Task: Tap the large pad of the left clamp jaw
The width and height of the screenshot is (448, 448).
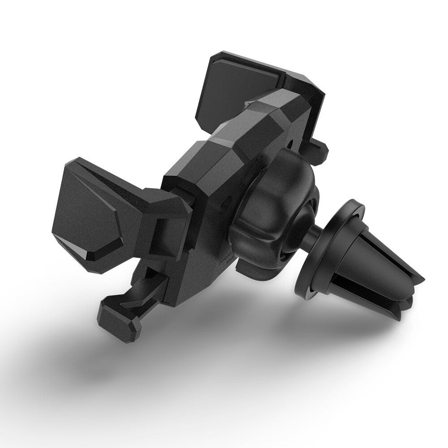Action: click(x=85, y=215)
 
